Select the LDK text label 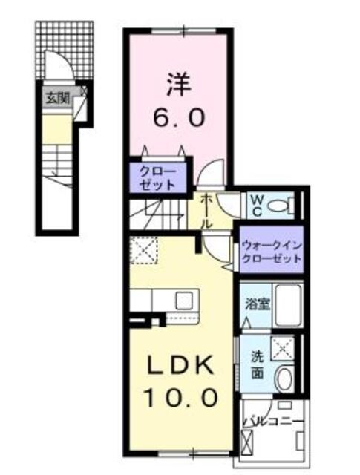(x=180, y=365)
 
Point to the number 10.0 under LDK (x=180, y=398)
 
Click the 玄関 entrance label (x=56, y=97)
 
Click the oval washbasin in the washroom (x=284, y=379)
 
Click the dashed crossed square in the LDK (x=144, y=250)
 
